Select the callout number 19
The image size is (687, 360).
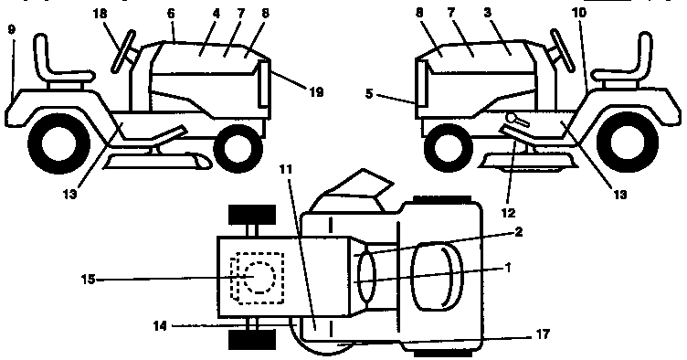pyautogui.click(x=291, y=90)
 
